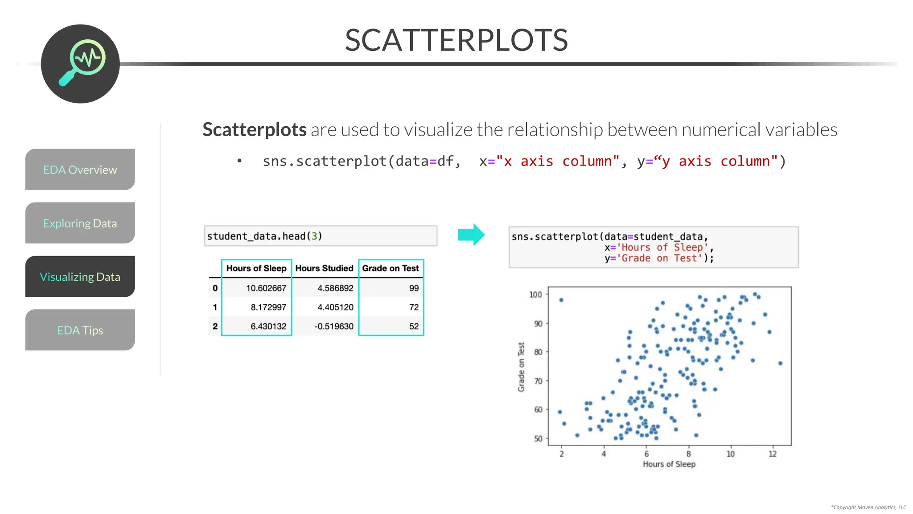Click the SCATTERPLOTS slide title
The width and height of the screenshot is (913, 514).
(456, 40)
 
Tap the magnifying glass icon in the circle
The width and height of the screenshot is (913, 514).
(82, 62)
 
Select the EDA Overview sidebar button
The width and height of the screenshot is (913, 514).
(80, 170)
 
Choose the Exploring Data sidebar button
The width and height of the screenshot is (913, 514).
(80, 223)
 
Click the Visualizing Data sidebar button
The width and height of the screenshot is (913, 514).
(80, 277)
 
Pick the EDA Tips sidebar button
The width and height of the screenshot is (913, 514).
(80, 330)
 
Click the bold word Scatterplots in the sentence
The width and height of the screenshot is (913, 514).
(254, 130)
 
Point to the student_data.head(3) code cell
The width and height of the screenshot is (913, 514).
(320, 236)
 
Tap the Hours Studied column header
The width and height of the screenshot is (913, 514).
(324, 268)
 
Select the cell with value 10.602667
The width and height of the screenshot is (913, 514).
(266, 288)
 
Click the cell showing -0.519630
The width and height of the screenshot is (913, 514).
(333, 327)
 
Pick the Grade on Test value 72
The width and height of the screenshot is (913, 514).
(414, 307)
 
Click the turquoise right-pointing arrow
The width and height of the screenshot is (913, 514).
(471, 235)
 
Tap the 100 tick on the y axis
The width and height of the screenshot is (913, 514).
(535, 294)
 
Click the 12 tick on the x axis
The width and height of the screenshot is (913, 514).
(773, 454)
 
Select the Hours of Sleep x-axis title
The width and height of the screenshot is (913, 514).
(669, 464)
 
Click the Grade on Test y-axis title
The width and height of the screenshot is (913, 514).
(521, 367)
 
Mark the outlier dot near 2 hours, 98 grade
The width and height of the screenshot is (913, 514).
(561, 300)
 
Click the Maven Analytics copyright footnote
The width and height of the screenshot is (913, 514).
(868, 507)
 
